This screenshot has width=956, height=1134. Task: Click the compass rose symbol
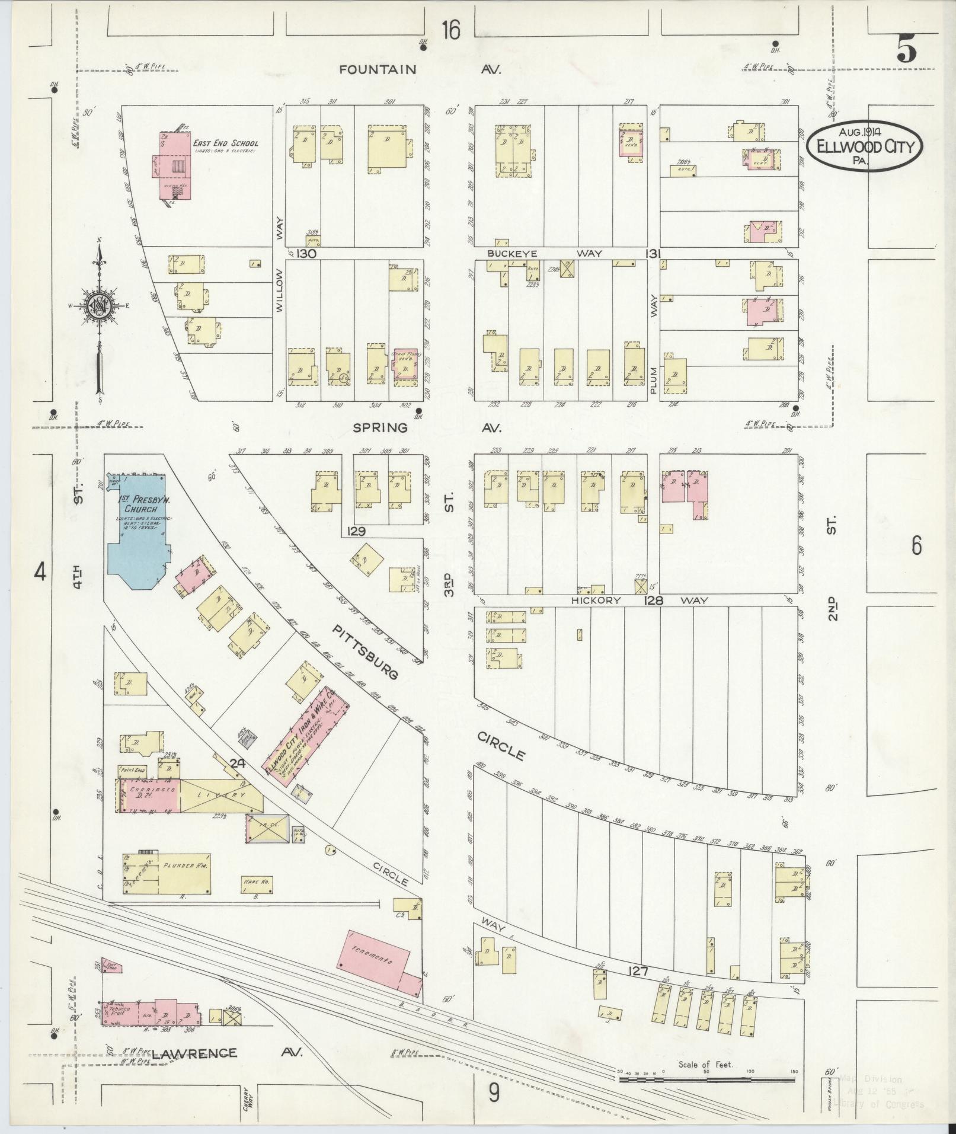[99, 305]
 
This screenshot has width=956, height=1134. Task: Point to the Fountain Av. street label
[420, 69]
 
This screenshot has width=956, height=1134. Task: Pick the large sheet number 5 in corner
[907, 48]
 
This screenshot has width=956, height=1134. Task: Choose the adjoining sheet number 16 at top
[450, 29]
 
